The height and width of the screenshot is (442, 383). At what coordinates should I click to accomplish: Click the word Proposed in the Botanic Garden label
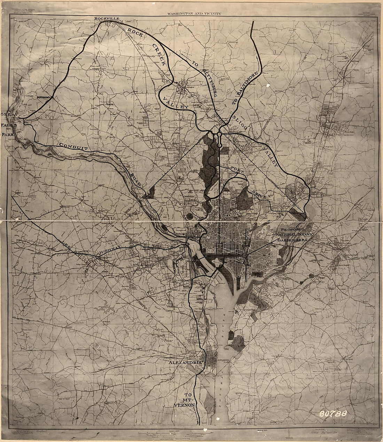pyautogui.click(x=293, y=230)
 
